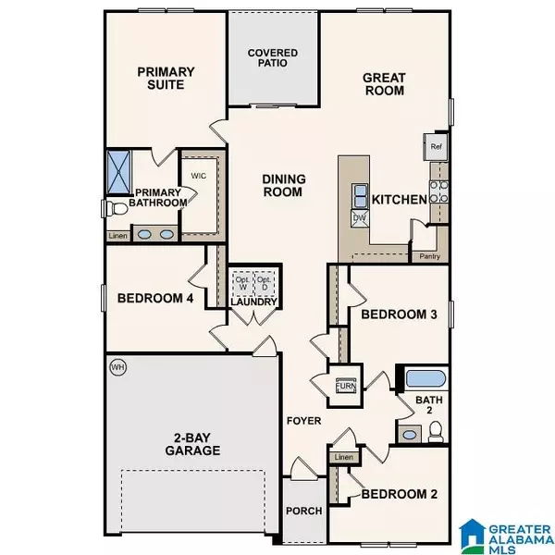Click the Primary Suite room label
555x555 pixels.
[162, 78]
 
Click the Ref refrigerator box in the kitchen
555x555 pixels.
[437, 144]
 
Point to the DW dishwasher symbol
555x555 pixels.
[359, 219]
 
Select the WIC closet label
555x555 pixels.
[198, 175]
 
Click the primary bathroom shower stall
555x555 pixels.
[119, 168]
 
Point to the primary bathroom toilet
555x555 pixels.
[115, 208]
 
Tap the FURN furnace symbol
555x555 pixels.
[344, 384]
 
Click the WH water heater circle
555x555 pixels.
[117, 365]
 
